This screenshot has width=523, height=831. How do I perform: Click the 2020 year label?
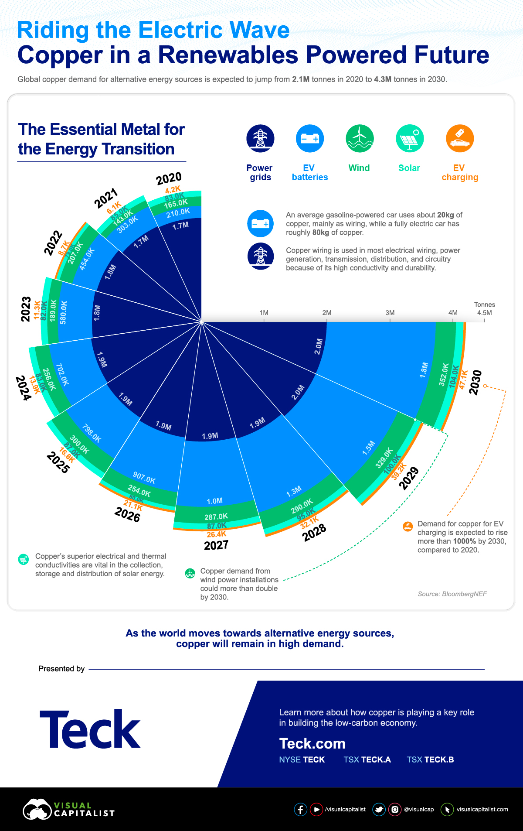point(169,178)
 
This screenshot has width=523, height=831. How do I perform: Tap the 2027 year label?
point(216,545)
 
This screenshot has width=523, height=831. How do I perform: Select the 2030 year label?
point(475,382)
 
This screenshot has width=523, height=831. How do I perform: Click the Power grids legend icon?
point(260,138)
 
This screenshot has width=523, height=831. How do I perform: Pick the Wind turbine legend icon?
point(360,138)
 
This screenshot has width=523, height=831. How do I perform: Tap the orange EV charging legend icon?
point(459,138)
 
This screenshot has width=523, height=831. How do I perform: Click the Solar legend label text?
point(409,168)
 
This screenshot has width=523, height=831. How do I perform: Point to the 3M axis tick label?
point(390,313)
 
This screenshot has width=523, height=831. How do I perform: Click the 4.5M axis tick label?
point(484,313)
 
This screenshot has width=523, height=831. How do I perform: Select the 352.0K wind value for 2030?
point(444,374)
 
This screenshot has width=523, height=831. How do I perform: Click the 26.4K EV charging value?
point(216,534)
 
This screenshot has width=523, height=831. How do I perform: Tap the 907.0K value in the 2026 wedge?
point(144,478)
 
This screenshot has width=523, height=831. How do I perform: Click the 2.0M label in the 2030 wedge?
point(319,346)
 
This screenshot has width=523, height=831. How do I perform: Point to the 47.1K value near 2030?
point(463,379)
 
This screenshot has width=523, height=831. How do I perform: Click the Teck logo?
point(90,729)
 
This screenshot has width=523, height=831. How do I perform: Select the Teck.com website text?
point(312,743)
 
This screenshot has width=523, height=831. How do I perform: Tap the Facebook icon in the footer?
point(300,810)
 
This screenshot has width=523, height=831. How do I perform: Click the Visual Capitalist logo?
point(68,810)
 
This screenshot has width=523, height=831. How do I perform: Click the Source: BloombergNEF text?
point(452,594)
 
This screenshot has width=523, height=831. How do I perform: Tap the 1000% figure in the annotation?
point(464,541)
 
